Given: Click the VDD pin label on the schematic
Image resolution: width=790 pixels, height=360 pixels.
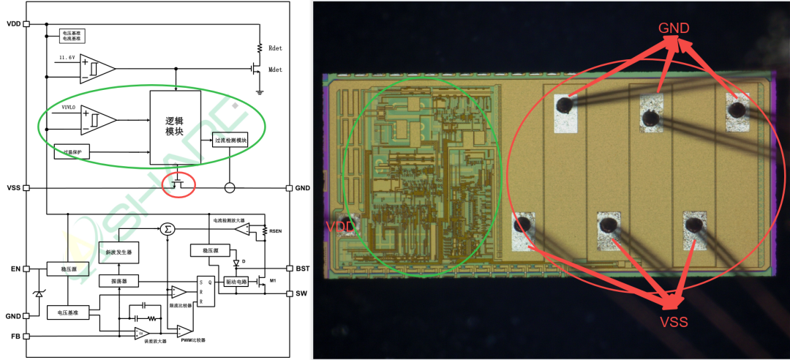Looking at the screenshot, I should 13,23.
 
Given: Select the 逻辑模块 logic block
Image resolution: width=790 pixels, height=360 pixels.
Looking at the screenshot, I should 175,127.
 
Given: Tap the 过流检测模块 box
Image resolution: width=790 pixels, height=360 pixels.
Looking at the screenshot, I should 230,140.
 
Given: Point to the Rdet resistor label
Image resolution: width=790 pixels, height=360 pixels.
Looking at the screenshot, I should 276,48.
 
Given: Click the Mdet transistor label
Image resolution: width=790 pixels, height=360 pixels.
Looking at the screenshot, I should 276,70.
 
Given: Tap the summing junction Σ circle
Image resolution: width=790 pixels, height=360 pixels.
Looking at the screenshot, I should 169,230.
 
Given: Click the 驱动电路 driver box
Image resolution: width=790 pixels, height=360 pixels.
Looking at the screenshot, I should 235,282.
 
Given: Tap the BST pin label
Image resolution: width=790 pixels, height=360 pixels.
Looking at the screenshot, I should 303,269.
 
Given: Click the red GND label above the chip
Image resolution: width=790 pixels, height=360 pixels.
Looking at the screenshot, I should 674,29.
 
